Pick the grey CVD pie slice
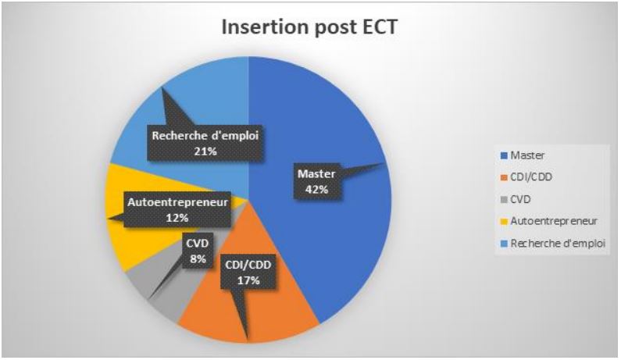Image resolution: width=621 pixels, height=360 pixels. point(166,293)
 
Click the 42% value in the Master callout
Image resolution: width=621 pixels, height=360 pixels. point(317,190)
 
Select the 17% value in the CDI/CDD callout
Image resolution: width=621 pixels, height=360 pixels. point(248,281)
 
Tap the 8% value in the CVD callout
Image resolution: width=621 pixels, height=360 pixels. point(198,259)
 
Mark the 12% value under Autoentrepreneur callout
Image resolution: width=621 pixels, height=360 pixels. point(177,218)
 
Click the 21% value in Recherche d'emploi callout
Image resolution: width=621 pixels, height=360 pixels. point(205,151)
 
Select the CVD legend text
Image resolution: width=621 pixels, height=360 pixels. point(520,199)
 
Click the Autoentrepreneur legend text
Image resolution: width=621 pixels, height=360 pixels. point(554,221)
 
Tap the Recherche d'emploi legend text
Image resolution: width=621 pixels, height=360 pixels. point(558,243)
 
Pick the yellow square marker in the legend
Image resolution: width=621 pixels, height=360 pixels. point(504,222)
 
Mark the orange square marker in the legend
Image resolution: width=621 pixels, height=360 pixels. point(504,178)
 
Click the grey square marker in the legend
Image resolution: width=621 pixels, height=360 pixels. point(504,200)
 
